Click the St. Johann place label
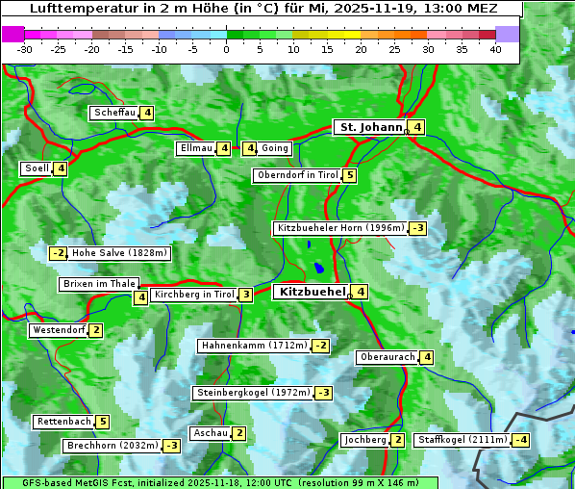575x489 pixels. [369, 127]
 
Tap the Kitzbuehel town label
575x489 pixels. [311, 291]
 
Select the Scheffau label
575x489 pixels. [114, 113]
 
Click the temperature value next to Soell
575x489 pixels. [61, 168]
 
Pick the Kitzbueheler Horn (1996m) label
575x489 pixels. [339, 228]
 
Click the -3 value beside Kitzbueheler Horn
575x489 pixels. [417, 228]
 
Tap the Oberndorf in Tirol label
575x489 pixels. [297, 175]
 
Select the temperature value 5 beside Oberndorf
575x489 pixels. [350, 175]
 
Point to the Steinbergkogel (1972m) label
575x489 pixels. [254, 393]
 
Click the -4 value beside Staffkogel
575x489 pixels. [520, 440]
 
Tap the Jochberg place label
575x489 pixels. [365, 440]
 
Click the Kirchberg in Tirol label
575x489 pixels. [193, 295]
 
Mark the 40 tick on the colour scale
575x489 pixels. [495, 49]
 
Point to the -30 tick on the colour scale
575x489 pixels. [25, 49]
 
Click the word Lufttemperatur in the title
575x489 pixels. [77, 8]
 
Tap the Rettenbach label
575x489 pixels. [64, 422]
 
